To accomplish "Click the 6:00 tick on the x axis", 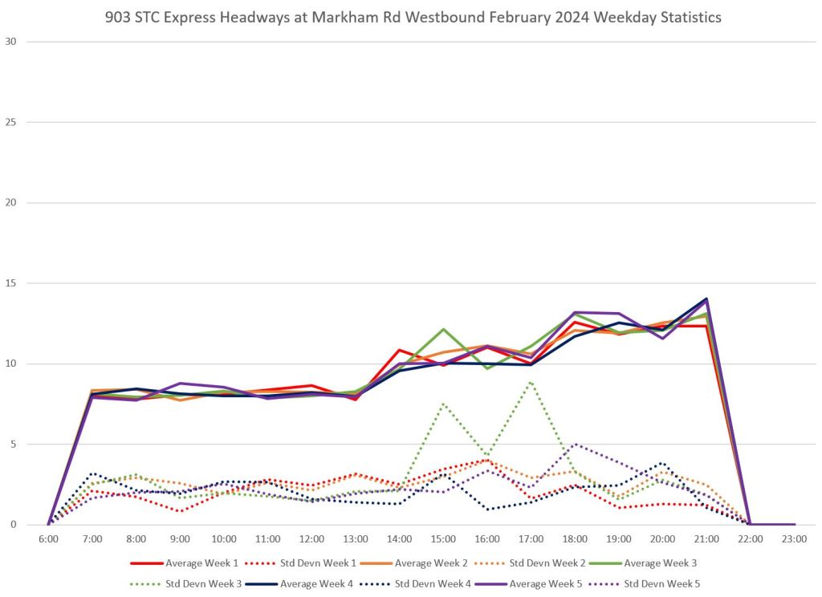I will click(x=48, y=539).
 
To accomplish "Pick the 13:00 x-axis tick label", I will click(x=356, y=539).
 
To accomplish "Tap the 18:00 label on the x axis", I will click(x=575, y=539).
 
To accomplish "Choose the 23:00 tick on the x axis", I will click(x=794, y=539).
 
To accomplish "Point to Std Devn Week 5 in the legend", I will click(x=662, y=583).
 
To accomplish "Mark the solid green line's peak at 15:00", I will click(x=443, y=329).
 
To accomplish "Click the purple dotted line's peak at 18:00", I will click(x=575, y=444).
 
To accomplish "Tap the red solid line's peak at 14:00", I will click(x=399, y=350).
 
